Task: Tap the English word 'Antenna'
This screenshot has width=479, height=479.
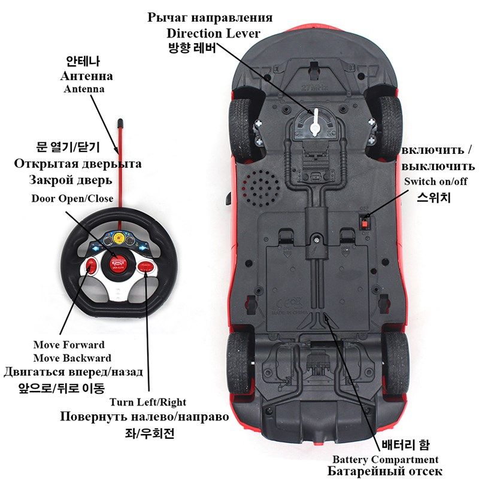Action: pos(84,89)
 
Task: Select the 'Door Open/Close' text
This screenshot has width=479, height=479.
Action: pos(72,198)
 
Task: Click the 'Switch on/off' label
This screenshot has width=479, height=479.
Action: pos(435,181)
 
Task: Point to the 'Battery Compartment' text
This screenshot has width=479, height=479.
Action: pos(385,459)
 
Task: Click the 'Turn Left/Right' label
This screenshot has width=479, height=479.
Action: pos(148,402)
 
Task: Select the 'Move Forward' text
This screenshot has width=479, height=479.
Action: pos(69,345)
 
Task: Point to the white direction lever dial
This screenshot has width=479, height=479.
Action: pos(315,123)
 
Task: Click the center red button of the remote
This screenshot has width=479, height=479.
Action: pos(119,262)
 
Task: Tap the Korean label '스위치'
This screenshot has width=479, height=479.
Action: pos(434,196)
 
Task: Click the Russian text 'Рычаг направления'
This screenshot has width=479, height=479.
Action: pos(210,17)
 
